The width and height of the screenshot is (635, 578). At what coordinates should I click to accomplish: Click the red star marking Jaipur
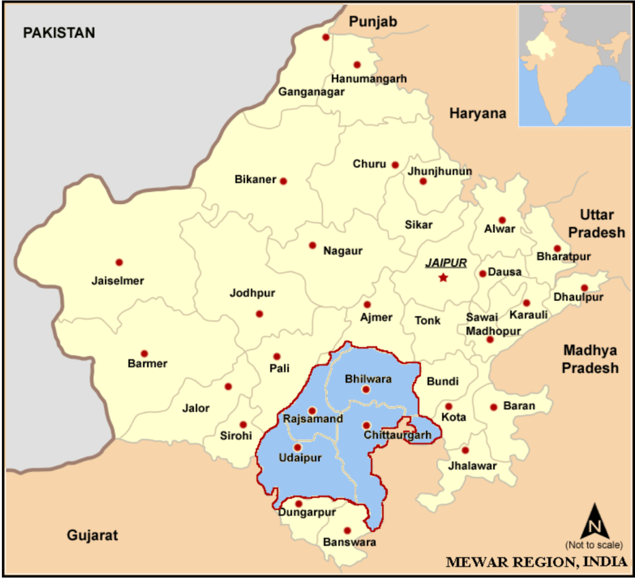coord(443,278)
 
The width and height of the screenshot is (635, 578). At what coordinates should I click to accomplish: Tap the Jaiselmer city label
coord(118,281)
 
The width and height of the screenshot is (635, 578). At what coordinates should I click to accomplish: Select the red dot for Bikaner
coord(283,181)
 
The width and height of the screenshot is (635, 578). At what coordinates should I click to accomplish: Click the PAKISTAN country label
coord(59,33)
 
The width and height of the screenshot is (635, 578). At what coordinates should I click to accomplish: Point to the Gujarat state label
coord(92,535)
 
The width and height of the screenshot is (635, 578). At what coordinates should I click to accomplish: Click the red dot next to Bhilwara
coord(366,389)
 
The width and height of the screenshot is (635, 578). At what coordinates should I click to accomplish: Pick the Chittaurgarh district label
coord(397,435)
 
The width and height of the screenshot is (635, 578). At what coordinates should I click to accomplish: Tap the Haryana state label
coord(477,113)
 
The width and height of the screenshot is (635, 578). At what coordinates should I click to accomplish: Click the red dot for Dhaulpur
coord(584,287)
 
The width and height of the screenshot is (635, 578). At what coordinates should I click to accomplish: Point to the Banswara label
coord(349,542)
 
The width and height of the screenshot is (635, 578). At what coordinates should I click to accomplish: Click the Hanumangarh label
coord(369,79)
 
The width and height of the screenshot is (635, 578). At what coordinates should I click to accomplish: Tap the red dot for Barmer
coord(144,353)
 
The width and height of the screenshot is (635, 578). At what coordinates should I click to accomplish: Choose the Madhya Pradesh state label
coord(590,358)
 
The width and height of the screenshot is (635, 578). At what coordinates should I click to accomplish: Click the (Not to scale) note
coord(593,545)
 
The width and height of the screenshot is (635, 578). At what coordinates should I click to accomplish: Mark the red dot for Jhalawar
coord(465,450)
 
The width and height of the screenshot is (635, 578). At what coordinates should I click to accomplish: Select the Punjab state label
coord(373,22)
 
